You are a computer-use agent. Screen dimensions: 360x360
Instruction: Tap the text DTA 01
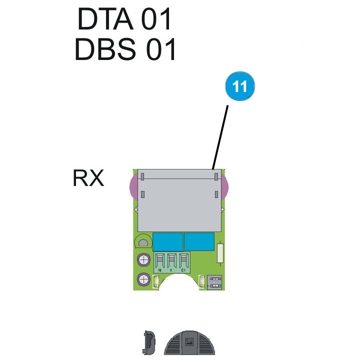coord(124,20)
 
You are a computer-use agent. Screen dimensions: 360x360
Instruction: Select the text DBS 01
coord(125,50)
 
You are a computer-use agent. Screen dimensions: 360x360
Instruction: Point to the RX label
coord(88,178)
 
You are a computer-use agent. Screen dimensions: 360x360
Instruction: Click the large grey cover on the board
coord(179,200)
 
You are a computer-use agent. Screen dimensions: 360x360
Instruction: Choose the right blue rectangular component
coord(200,242)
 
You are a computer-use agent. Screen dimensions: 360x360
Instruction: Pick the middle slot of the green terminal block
coord(172,261)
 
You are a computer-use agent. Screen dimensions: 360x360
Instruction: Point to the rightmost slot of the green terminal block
coord(184,261)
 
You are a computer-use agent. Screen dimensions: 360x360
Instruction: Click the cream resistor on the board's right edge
coord(220,252)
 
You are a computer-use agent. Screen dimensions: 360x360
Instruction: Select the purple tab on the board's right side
coord(224,187)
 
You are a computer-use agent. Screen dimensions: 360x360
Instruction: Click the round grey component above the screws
coord(143,243)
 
